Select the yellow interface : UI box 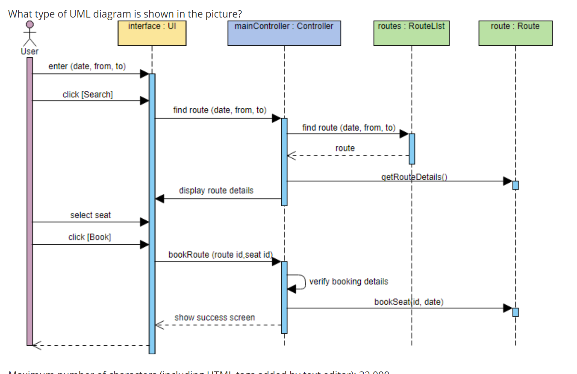pyautogui.click(x=152, y=33)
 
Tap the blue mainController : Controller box pyautogui.click(x=284, y=33)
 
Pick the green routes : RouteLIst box pyautogui.click(x=411, y=33)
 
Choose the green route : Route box pyautogui.click(x=515, y=33)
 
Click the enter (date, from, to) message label pyautogui.click(x=87, y=66)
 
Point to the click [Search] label pyautogui.click(x=88, y=95)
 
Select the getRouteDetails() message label pyautogui.click(x=414, y=177)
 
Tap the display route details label pyautogui.click(x=216, y=190)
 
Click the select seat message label pyautogui.click(x=90, y=215)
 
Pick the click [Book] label pyautogui.click(x=89, y=237)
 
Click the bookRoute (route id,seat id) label pyautogui.click(x=220, y=255)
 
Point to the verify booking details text pyautogui.click(x=348, y=282)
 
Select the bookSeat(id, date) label pyautogui.click(x=409, y=302)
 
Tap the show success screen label pyautogui.click(x=215, y=318)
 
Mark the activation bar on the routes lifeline pyautogui.click(x=412, y=149)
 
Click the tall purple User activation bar pyautogui.click(x=29, y=201)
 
